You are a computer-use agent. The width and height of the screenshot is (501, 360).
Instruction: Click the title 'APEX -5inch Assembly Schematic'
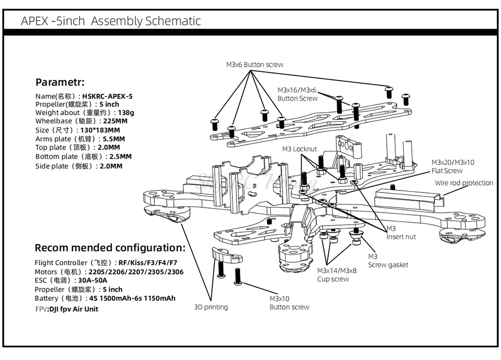click(x=111, y=21)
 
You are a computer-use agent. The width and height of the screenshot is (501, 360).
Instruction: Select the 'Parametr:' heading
click(x=60, y=82)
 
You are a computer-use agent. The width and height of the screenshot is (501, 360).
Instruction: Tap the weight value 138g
click(x=126, y=113)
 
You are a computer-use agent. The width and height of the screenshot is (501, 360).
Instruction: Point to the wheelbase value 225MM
click(x=114, y=121)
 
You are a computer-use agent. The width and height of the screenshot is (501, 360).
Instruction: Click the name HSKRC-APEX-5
click(x=108, y=96)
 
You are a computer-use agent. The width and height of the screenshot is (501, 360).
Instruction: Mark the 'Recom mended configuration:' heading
click(x=110, y=248)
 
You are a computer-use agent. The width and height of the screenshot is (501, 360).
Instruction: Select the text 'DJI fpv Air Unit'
click(x=73, y=309)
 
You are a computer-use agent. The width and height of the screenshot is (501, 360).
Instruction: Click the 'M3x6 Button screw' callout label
click(x=255, y=65)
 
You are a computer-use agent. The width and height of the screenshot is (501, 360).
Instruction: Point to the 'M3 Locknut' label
click(x=299, y=149)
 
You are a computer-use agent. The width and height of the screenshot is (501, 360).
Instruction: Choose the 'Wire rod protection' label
click(x=463, y=183)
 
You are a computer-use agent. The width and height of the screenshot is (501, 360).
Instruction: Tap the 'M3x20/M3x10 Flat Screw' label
click(x=453, y=166)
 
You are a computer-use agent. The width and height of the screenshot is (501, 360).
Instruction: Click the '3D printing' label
click(x=210, y=307)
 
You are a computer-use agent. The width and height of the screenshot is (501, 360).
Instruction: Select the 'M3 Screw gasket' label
click(x=388, y=261)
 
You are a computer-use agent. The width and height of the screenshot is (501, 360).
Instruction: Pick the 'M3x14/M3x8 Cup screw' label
click(x=337, y=275)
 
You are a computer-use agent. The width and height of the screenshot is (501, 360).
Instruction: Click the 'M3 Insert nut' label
click(x=401, y=233)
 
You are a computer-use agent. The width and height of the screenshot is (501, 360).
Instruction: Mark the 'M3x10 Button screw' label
click(x=289, y=303)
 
